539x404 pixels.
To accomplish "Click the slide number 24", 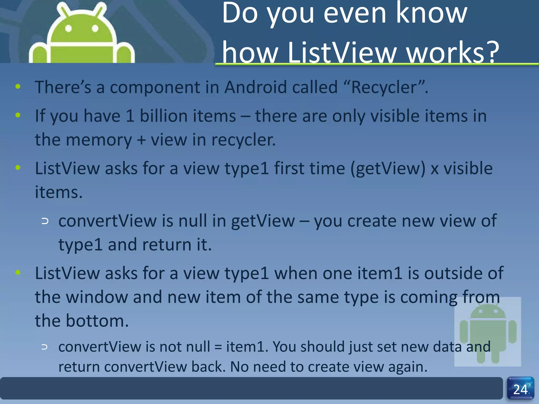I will (x=520, y=389).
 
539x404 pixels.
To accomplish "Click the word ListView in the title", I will (x=342, y=53).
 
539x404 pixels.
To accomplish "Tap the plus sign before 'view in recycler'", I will (x=141, y=140).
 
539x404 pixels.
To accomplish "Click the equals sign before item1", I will (x=218, y=347).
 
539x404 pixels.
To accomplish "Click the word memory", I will (x=99, y=140).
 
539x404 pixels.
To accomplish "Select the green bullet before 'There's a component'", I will (x=18, y=87).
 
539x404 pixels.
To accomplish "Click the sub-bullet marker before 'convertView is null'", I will (x=45, y=221).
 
